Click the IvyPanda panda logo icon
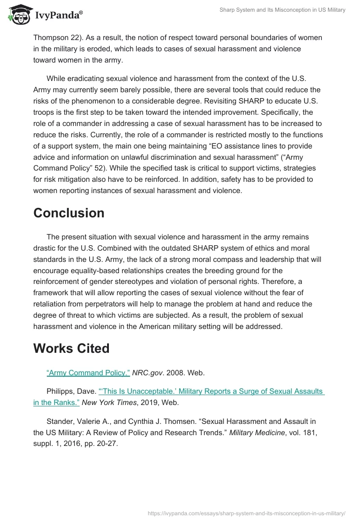18,15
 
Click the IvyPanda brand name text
58,16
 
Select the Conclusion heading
69,213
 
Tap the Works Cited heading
71,348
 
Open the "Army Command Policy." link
88,373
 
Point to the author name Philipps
60,391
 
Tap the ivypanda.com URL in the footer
246,513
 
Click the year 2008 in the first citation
178,373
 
